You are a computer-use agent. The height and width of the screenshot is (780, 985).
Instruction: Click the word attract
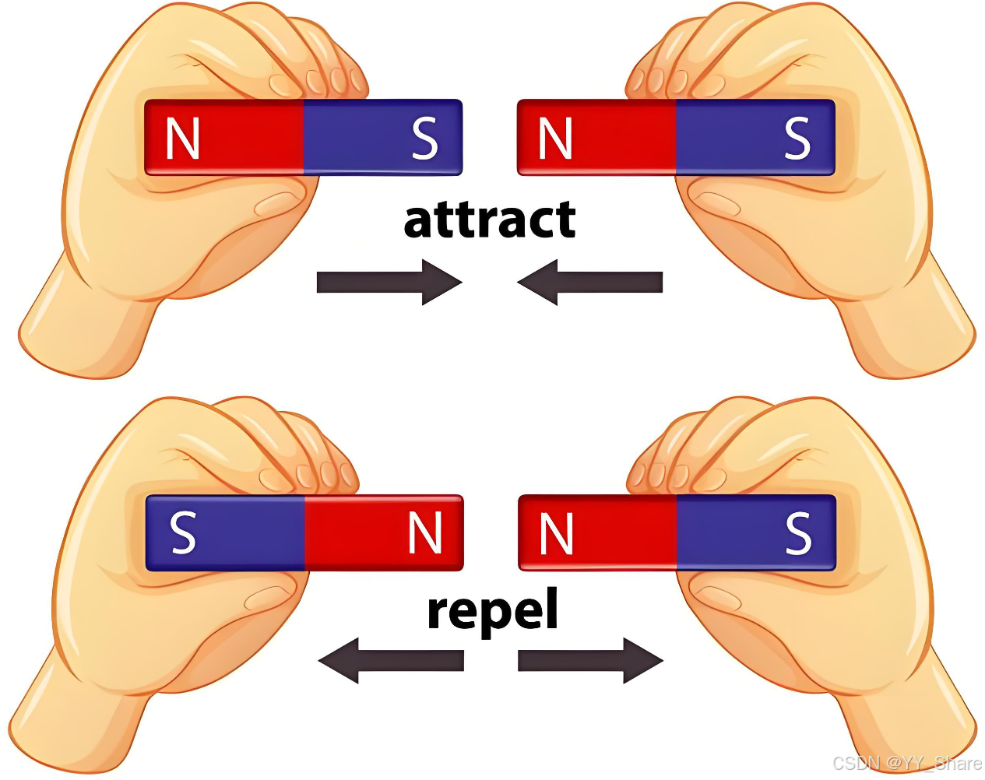pyautogui.click(x=490, y=220)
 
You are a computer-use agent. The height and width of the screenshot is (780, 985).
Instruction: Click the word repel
pyautogui.click(x=493, y=611)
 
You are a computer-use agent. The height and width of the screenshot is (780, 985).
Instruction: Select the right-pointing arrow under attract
pyautogui.click(x=389, y=282)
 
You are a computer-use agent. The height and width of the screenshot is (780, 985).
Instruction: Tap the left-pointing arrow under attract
pyautogui.click(x=589, y=282)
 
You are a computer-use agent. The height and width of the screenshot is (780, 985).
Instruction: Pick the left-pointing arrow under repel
pyautogui.click(x=391, y=661)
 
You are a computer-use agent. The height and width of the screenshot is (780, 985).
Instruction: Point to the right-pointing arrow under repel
pyautogui.click(x=590, y=661)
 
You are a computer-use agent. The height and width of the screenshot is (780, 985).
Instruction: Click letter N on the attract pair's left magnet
pyautogui.click(x=183, y=139)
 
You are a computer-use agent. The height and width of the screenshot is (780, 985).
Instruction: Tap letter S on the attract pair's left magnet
pyautogui.click(x=424, y=139)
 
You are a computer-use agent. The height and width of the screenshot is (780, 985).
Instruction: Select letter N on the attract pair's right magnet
pyautogui.click(x=555, y=139)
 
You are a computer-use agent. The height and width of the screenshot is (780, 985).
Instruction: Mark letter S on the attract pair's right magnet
pyautogui.click(x=797, y=139)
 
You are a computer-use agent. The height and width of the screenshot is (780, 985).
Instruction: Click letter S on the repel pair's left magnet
pyautogui.click(x=183, y=533)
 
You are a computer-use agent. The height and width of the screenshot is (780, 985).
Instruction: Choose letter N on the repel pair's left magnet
pyautogui.click(x=425, y=533)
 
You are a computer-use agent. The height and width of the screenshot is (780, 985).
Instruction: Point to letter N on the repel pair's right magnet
pyautogui.click(x=556, y=533)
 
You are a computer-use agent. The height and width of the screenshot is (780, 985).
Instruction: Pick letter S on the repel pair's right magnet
pyautogui.click(x=798, y=533)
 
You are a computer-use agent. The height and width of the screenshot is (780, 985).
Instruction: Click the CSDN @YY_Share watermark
pyautogui.click(x=906, y=764)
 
